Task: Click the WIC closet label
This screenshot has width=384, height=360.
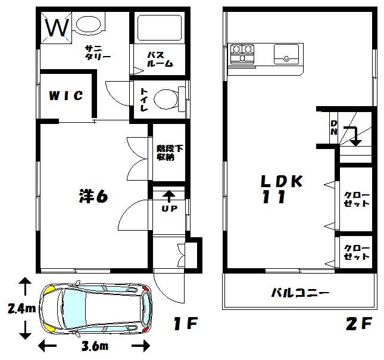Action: point(66,95)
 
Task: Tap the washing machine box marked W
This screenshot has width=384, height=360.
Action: point(57,27)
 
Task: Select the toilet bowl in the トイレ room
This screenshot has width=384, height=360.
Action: point(166,99)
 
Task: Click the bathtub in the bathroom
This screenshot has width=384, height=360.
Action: point(159,27)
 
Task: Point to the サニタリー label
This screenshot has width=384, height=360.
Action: point(98,52)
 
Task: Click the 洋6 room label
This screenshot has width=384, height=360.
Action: point(93,196)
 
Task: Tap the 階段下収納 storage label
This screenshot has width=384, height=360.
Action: point(170,153)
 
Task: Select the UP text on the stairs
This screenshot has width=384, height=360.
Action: point(169,209)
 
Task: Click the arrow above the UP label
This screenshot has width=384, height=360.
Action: point(169,197)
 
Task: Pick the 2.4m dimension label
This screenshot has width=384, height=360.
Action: point(22,309)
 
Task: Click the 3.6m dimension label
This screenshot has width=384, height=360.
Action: point(95,346)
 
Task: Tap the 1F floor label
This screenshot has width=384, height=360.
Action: point(185,324)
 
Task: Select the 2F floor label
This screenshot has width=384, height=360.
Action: point(359,324)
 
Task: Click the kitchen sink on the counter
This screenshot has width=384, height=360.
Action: point(286,54)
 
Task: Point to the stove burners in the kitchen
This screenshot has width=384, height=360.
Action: point(242,52)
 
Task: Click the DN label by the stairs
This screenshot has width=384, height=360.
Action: point(333,128)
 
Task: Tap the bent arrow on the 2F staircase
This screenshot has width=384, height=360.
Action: point(353,136)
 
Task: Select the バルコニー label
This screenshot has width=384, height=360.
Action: point(300,293)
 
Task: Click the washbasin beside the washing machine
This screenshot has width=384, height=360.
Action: point(88,24)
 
